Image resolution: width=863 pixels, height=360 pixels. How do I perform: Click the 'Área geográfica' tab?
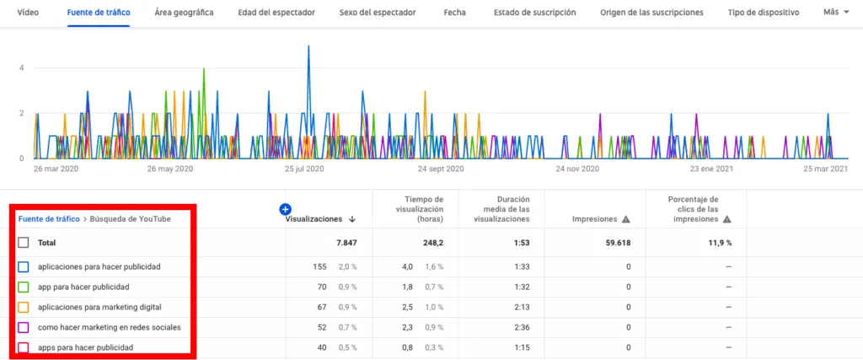point(184,13)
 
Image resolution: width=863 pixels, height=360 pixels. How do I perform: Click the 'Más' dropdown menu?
point(835,13)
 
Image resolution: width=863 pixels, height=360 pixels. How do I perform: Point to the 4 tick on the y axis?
point(22,68)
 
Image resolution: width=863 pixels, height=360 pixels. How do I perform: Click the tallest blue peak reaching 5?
point(308,47)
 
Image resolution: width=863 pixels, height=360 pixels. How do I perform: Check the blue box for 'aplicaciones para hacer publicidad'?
point(24,266)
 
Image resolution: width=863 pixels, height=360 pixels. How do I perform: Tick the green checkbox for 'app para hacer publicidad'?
point(24,287)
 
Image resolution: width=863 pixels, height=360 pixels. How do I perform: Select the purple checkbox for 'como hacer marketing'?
point(24,327)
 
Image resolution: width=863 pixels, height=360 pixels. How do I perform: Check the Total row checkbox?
point(24,243)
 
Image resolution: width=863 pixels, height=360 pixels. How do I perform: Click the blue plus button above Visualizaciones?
point(285,208)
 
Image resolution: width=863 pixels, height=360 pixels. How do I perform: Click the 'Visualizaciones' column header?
point(314,219)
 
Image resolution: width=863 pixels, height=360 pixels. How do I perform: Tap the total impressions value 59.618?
point(614,243)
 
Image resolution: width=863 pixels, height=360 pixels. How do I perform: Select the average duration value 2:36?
point(519,327)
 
